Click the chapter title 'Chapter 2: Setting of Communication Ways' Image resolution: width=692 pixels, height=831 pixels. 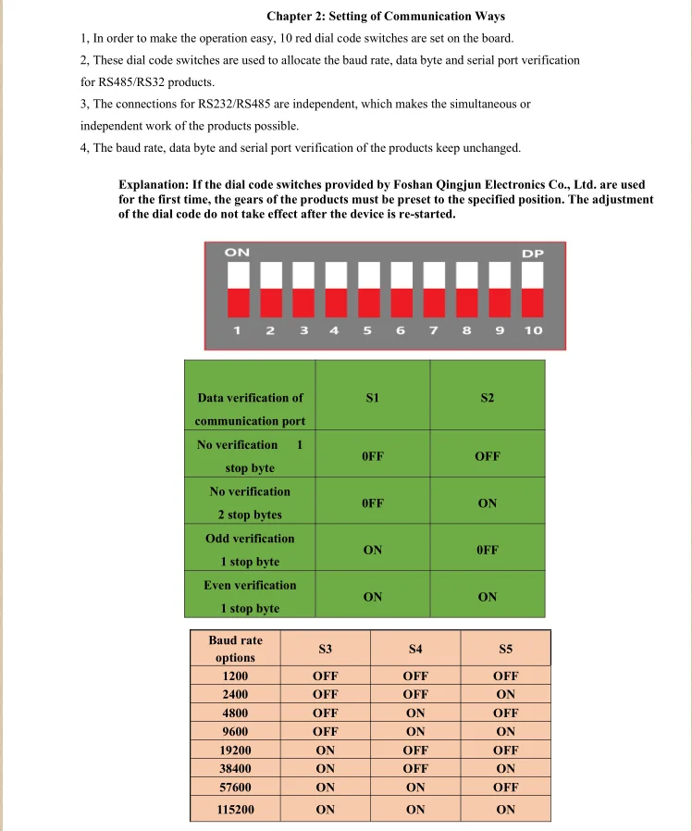point(385,17)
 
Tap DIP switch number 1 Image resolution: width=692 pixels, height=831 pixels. point(238,288)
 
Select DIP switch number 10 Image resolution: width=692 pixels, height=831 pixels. point(532,288)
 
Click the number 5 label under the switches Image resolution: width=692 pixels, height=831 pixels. point(367,330)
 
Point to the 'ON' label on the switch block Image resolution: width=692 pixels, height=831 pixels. point(237,252)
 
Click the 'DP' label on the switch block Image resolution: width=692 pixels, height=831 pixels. point(533,253)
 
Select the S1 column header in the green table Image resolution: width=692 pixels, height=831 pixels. point(373,398)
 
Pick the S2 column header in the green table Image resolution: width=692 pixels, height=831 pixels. point(488,398)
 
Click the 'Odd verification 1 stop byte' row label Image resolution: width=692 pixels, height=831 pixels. point(250,550)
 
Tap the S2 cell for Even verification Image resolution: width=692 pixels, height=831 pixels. point(488,597)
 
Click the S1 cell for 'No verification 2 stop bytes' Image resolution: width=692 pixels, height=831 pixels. point(373,503)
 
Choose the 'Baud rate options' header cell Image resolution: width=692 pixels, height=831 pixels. point(235,649)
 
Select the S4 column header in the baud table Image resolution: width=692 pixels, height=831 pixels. point(415,649)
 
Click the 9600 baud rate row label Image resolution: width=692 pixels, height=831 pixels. point(236,731)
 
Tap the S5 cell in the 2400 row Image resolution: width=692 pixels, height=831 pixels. point(505,694)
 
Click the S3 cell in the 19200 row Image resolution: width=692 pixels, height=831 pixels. point(326,750)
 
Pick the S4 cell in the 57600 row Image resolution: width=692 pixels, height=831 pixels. point(415,787)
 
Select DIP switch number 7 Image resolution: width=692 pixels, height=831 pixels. point(434,288)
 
